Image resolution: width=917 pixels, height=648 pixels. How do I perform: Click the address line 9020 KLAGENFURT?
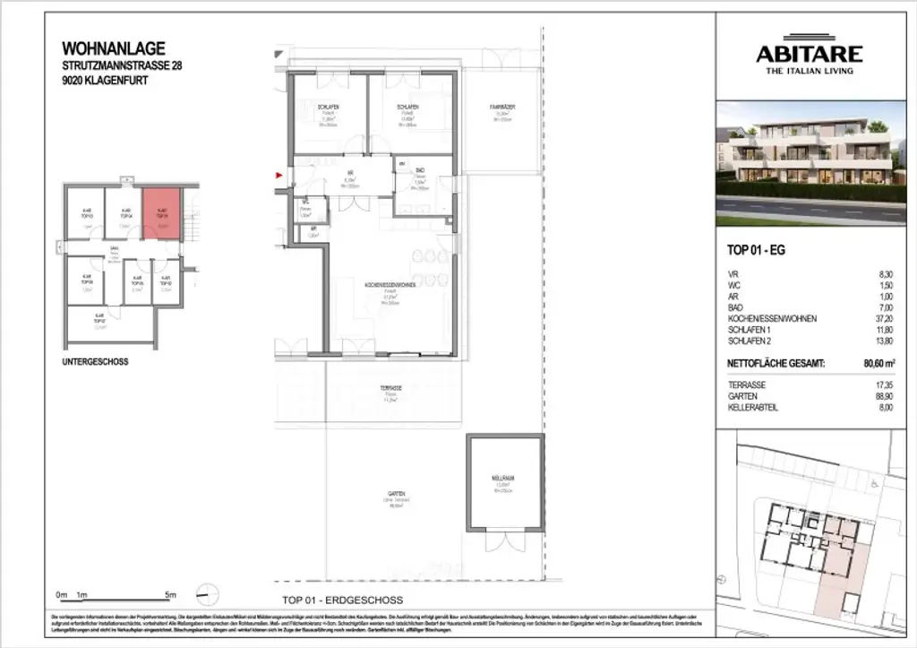(x=105, y=80)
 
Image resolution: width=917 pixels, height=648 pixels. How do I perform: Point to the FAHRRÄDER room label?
(x=501, y=108)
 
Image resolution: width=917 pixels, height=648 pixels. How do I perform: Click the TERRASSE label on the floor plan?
(x=390, y=388)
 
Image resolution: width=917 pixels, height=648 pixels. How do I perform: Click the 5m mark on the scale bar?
(x=171, y=595)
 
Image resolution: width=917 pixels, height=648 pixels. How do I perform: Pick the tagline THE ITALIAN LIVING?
(x=806, y=71)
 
